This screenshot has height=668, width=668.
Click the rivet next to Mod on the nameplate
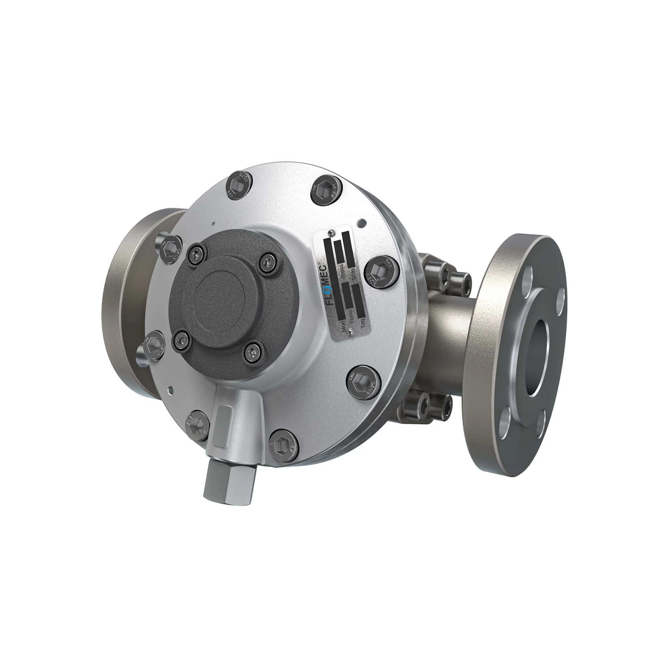coord(351,332)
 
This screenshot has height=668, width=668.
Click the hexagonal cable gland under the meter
coord(230,481)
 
